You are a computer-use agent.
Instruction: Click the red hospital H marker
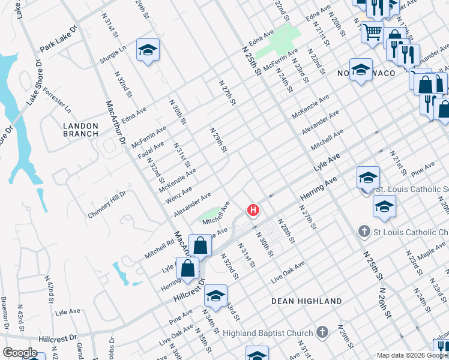[x=254, y=210]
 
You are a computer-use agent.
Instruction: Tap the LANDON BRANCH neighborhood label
[x=80, y=130]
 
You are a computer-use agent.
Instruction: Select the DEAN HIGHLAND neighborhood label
[x=306, y=301]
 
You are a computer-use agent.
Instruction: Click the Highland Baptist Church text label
[x=268, y=333]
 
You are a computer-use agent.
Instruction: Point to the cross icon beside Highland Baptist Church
[x=322, y=332]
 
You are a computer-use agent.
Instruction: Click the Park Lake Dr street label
[x=59, y=38]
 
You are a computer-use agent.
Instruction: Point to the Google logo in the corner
[x=20, y=353]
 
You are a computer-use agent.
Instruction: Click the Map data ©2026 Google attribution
[x=411, y=355]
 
